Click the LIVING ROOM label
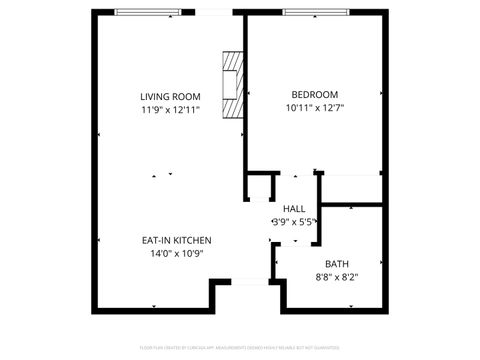(x=170, y=96)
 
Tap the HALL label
(x=294, y=208)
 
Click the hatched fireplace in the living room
(x=232, y=86)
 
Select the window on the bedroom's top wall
(x=312, y=13)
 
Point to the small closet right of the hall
(x=350, y=188)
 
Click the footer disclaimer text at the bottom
(x=240, y=348)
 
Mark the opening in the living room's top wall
(x=214, y=13)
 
